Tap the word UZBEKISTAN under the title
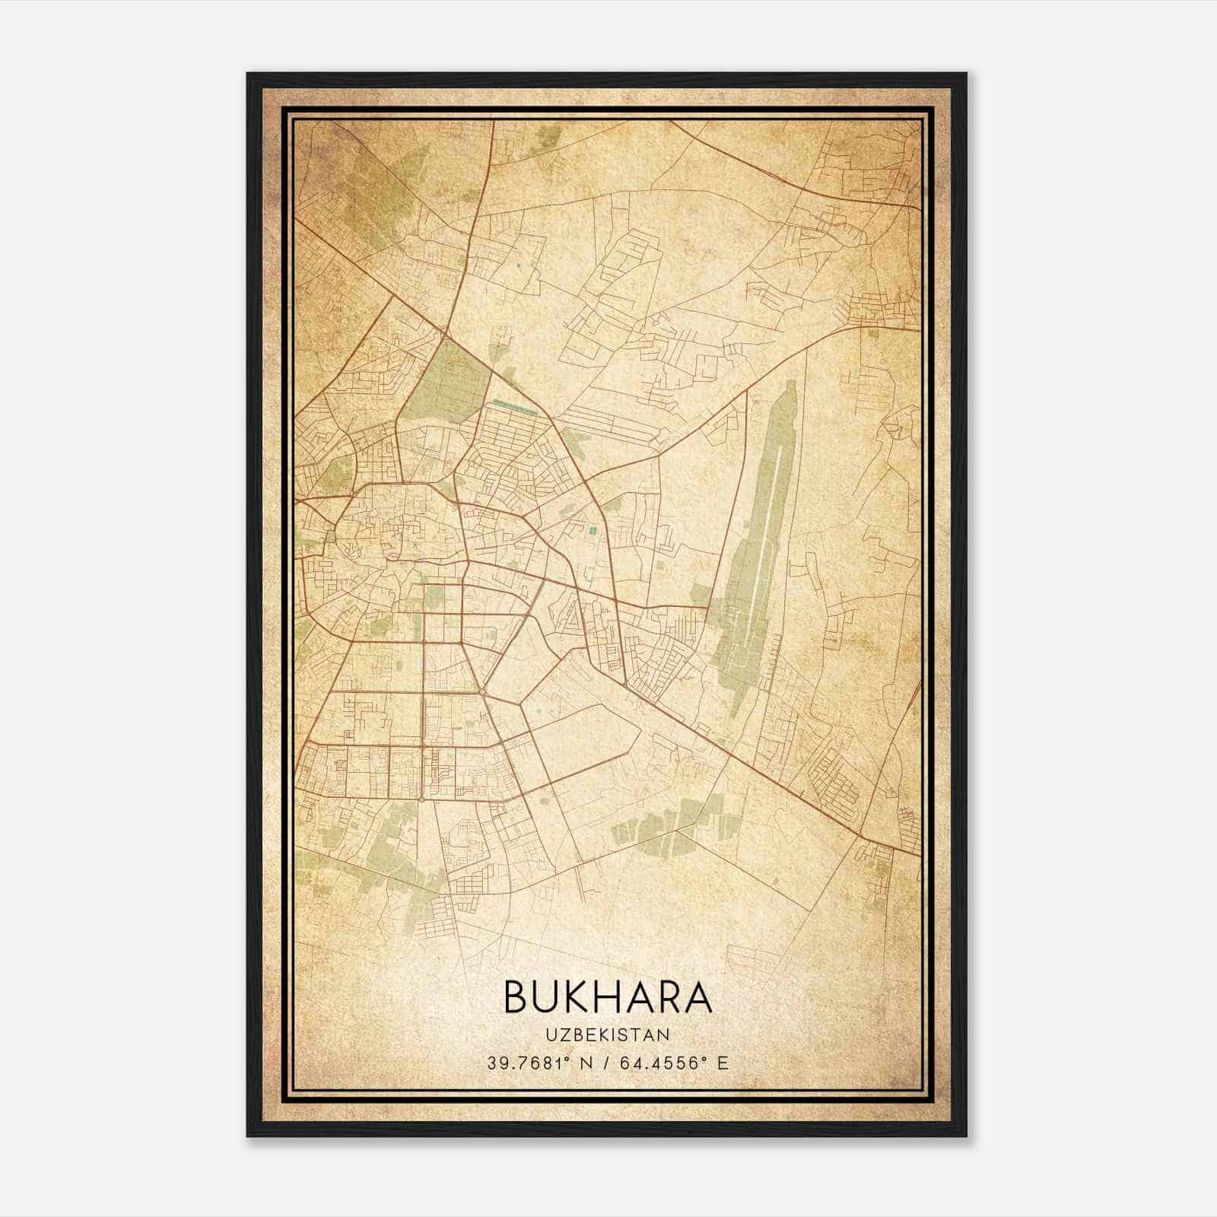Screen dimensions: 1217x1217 click(608, 1035)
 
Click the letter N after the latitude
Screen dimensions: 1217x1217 click(585, 1063)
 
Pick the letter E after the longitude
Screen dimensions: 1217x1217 click(723, 1063)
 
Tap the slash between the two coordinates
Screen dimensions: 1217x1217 click(604, 1063)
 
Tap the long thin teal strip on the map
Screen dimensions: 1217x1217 click(514, 405)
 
